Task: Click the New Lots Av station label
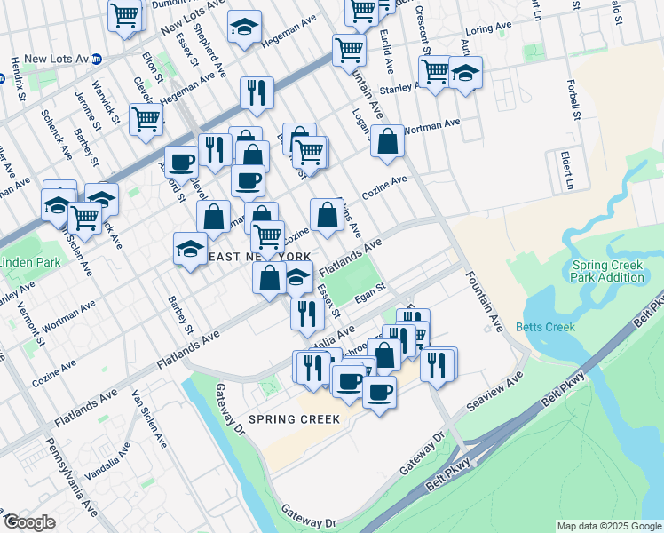57,60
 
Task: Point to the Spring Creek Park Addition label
608,271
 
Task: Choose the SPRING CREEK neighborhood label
294,418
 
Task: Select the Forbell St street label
575,100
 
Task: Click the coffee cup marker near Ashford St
181,162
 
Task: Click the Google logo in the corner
30,522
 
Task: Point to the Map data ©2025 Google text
608,526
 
